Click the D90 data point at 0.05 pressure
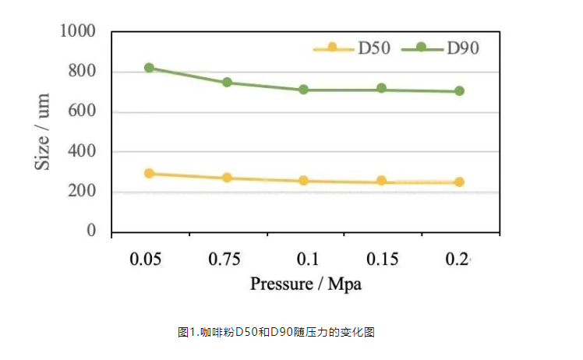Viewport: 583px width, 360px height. pos(149,68)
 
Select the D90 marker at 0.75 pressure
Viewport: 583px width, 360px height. pos(227,82)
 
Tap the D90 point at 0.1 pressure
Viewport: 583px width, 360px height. pos(304,90)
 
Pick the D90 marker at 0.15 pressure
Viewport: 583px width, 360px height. pos(381,89)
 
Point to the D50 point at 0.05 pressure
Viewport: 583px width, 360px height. pos(149,173)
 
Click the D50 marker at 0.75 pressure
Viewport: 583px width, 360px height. pos(227,178)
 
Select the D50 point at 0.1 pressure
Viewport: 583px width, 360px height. pos(304,181)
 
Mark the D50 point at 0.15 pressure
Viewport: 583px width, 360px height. pos(381,181)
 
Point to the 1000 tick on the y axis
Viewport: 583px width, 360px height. pos(78,32)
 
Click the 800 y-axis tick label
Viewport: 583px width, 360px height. pos(82,72)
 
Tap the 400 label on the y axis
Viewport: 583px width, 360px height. pos(82,151)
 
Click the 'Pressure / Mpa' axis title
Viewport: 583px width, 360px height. pos(306,284)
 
